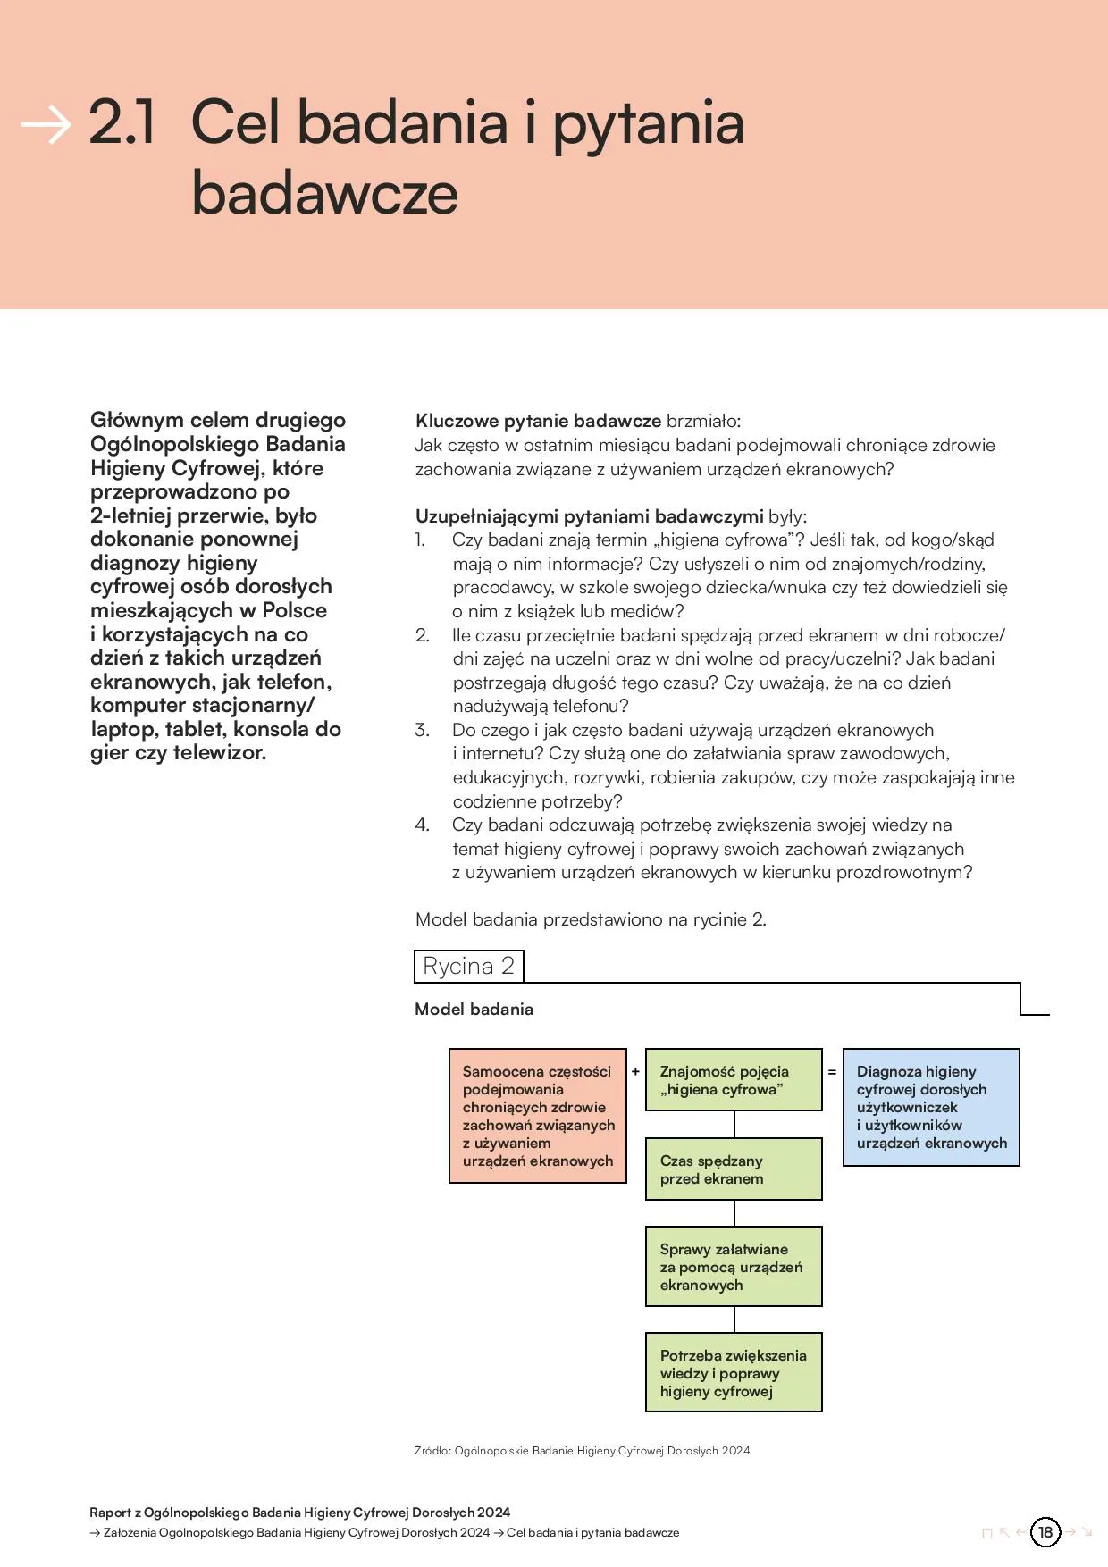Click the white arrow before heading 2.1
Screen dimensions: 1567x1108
pyautogui.click(x=46, y=124)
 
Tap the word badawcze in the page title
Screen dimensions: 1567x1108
pyautogui.click(x=324, y=193)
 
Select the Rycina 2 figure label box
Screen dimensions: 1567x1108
pyautogui.click(x=469, y=966)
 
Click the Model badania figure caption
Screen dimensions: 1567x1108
pyautogui.click(x=474, y=1009)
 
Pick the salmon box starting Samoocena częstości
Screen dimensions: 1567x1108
pyautogui.click(x=537, y=1116)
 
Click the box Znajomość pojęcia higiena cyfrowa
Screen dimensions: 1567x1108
pyautogui.click(x=734, y=1080)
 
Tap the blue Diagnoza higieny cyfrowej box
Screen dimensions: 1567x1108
pyautogui.click(x=931, y=1107)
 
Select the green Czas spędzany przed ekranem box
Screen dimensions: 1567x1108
pyautogui.click(x=734, y=1169)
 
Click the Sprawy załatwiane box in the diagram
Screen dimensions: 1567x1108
pyautogui.click(x=734, y=1266)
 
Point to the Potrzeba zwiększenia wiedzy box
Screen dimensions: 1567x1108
pyautogui.click(x=734, y=1372)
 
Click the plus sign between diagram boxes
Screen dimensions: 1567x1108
pyautogui.click(x=635, y=1071)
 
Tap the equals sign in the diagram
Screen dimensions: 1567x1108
pyautogui.click(x=832, y=1071)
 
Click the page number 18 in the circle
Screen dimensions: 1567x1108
pyautogui.click(x=1045, y=1532)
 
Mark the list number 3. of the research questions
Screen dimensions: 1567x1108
pyautogui.click(x=422, y=730)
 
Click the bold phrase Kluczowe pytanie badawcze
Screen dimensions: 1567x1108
pyautogui.click(x=538, y=421)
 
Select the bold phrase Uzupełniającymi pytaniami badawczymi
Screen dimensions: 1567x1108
pyautogui.click(x=589, y=516)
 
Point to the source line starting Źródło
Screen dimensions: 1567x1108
pyautogui.click(x=582, y=1450)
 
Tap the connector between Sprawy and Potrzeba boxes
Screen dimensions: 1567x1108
pyautogui.click(x=734, y=1320)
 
